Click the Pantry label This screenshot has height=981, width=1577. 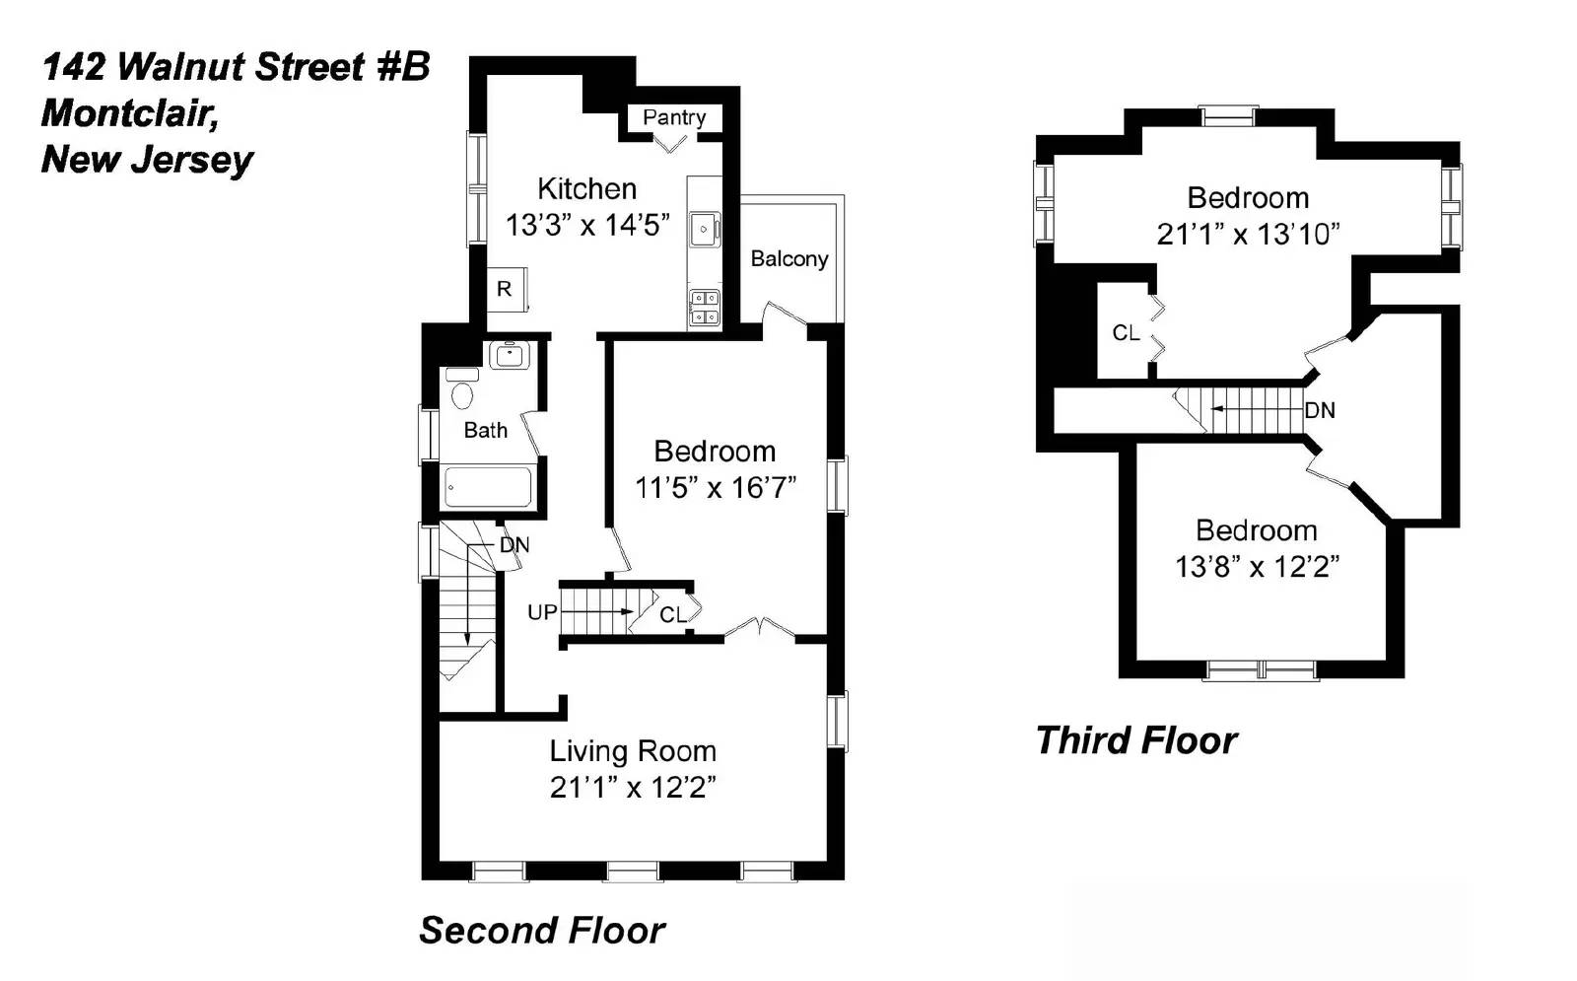pos(674,117)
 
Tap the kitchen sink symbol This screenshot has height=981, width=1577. pos(704,230)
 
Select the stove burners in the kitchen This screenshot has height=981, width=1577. pos(704,307)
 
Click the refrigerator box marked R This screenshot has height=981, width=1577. pos(505,289)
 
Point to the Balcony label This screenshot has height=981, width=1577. pos(788,258)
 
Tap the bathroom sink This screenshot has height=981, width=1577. pos(510,354)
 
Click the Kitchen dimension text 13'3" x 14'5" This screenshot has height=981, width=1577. pos(587,225)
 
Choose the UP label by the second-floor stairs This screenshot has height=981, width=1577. pos(542,612)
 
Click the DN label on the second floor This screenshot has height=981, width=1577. pos(514,544)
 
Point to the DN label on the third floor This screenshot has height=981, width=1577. pos(1320,410)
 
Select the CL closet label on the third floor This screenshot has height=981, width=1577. pos(1126,333)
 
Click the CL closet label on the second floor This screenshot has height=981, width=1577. pos(673,615)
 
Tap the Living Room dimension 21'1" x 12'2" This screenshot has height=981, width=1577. pos(633,788)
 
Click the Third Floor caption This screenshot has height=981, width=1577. pos(1136,740)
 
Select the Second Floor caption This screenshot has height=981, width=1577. pos(542,930)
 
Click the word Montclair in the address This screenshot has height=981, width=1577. pos(129,113)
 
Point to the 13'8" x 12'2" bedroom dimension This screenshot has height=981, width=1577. pos(1257,567)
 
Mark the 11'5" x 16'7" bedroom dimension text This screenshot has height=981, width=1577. pos(715,487)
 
